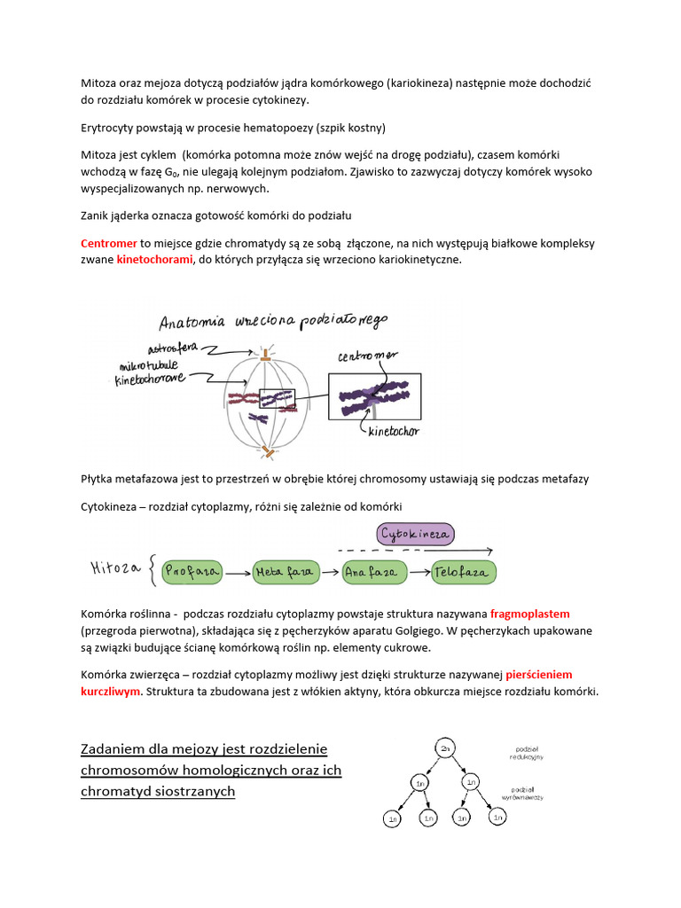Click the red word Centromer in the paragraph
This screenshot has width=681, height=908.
(x=108, y=243)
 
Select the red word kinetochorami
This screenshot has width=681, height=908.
(x=154, y=260)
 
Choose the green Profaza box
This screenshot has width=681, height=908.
(x=191, y=572)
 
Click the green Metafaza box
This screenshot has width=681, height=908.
(x=284, y=572)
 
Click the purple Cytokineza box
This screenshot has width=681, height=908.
(x=416, y=534)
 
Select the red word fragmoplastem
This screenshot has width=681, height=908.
(x=529, y=614)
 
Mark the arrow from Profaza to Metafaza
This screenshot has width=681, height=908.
(x=238, y=573)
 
